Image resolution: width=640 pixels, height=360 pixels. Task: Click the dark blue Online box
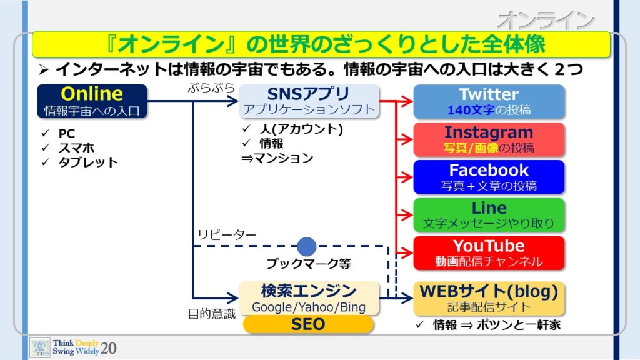coord(92,101)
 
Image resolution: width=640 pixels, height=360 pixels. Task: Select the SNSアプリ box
coord(309,101)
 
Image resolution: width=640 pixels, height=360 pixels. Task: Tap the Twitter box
coord(489,101)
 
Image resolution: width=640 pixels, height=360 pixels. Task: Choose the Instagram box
coord(489,139)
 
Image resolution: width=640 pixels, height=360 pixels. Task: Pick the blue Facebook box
coord(489,177)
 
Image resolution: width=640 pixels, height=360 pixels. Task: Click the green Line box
coord(489,215)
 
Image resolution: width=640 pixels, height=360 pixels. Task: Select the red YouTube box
coord(489,253)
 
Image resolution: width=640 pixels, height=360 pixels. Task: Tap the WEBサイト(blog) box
coord(489,298)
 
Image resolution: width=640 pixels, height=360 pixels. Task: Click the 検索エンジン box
coord(309,298)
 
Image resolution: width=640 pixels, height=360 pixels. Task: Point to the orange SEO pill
coord(308,324)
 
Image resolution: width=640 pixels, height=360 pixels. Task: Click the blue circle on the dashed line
coord(307,246)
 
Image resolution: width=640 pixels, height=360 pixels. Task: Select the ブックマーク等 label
coord(309,264)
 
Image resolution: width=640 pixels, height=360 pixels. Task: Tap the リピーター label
coord(227,235)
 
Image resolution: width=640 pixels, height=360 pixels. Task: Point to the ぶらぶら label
coord(211,87)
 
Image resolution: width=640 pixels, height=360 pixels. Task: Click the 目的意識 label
coord(211,314)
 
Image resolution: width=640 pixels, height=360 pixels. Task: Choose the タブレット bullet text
coord(88,162)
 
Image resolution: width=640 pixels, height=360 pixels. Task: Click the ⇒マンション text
coord(277,158)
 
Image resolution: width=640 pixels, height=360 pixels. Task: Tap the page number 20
coord(109,348)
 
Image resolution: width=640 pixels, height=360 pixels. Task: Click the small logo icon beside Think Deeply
coord(40,347)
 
